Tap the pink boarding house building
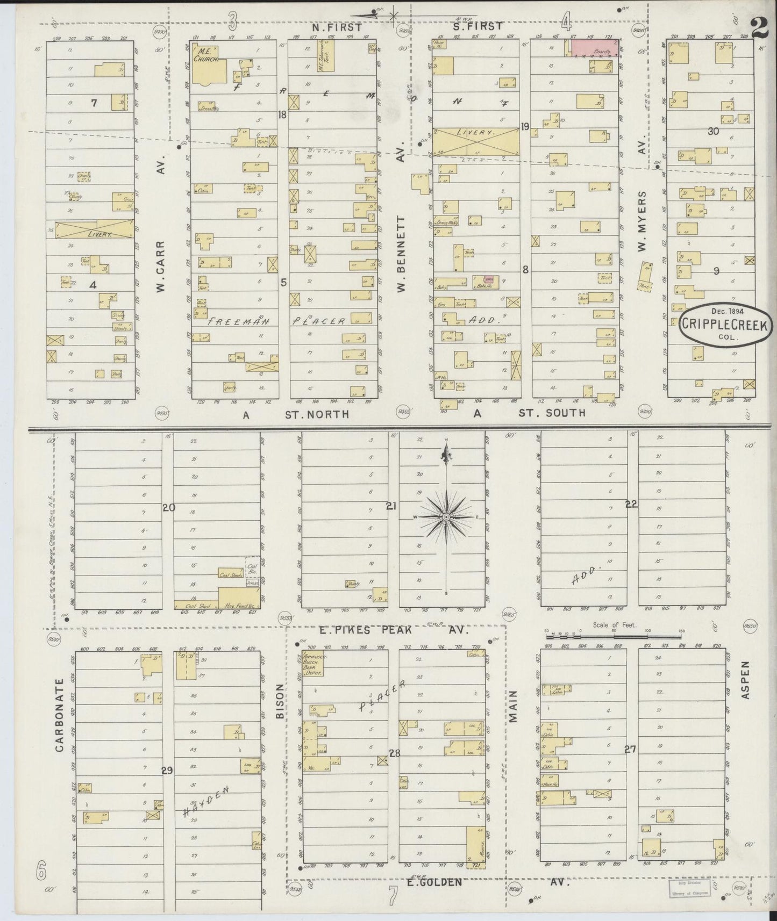[593, 48]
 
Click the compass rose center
[446, 517]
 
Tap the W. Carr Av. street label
[161, 266]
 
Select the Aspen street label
[745, 680]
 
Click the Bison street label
[280, 701]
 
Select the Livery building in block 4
[94, 229]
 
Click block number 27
[630, 749]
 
